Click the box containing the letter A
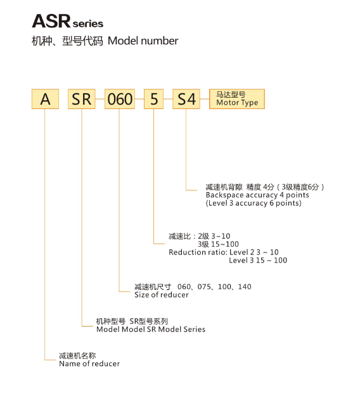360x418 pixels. point(45,99)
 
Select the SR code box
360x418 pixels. point(82,99)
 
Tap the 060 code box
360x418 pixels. point(120,99)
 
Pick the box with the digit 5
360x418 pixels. point(153,99)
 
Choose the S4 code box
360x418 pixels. point(186,99)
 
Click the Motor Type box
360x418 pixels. point(237,99)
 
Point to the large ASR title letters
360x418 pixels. point(51,22)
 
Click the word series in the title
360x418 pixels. point(87,23)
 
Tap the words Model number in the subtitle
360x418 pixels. point(143,41)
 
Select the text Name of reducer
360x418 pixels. point(89,363)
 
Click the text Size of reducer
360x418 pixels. point(162,294)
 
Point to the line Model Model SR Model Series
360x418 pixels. point(151,329)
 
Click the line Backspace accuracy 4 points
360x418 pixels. point(257,195)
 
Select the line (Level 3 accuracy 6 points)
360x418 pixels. point(254,203)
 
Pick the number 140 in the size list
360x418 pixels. point(245,287)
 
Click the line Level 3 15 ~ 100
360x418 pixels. point(258,260)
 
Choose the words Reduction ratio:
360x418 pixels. point(198,252)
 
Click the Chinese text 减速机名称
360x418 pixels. point(77,356)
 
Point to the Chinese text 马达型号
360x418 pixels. point(231,95)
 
